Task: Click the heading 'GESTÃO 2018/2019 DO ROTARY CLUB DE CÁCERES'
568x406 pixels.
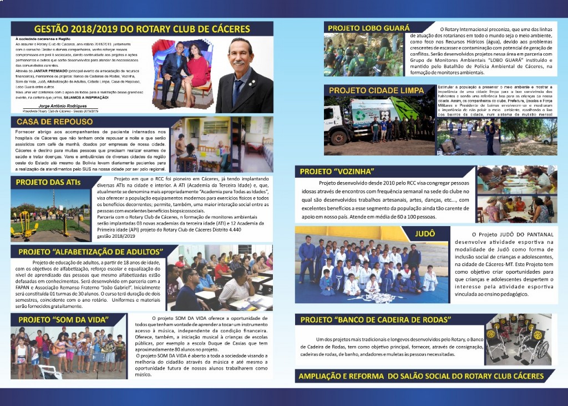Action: point(142,29)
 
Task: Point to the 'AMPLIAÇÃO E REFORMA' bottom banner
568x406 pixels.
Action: point(421,376)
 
